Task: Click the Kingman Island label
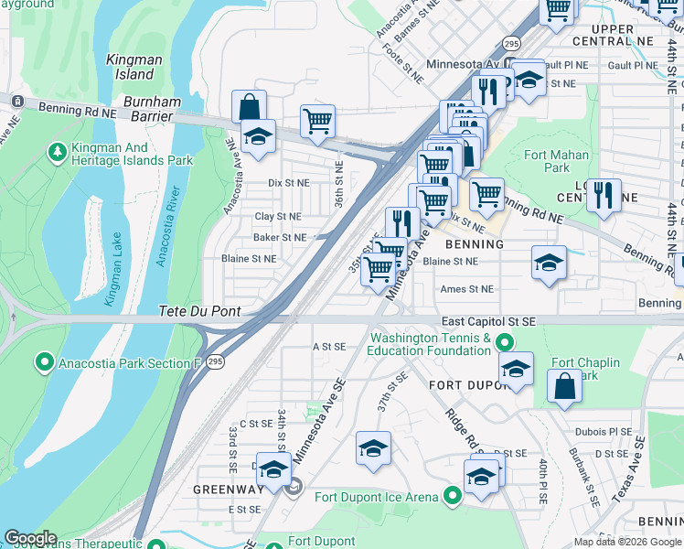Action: click(134, 66)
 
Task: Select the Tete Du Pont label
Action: click(199, 311)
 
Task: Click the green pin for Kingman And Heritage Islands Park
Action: click(56, 149)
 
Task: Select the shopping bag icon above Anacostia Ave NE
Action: click(249, 107)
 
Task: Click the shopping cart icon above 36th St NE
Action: click(317, 121)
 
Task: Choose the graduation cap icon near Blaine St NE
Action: click(549, 264)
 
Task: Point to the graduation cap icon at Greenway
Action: click(273, 470)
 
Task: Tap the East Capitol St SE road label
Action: click(487, 321)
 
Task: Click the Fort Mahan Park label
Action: click(556, 161)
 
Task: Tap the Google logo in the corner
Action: click(30, 538)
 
